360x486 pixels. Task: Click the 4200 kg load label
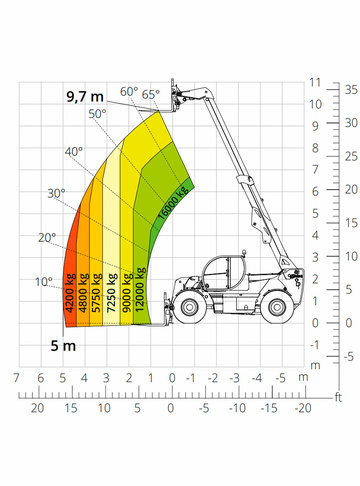70,293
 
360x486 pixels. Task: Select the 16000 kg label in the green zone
173,203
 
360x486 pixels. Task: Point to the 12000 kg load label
140,289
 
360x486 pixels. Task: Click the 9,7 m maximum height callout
85,96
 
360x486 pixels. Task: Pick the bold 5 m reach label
63,346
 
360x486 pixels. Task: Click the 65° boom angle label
151,94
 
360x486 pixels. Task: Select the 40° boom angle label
74,152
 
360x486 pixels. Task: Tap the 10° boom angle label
44,282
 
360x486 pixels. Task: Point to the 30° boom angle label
56,193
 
